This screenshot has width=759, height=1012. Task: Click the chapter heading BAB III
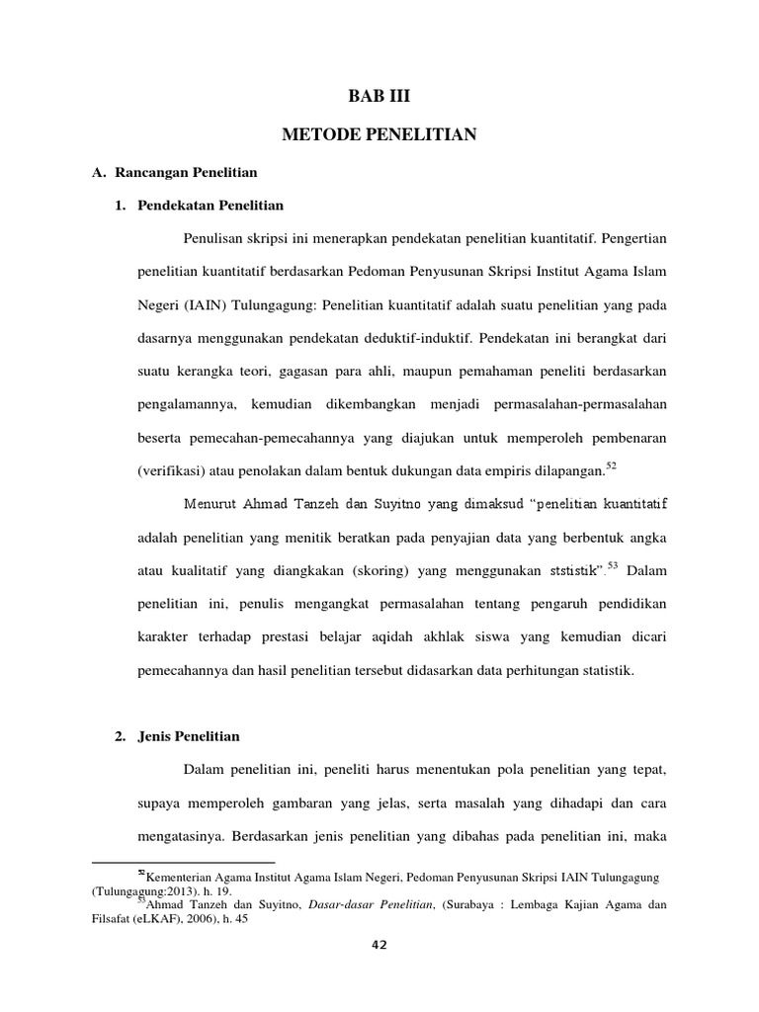coord(379,97)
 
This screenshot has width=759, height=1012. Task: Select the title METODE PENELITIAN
coord(379,134)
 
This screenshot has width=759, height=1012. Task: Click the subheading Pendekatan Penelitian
coord(209,206)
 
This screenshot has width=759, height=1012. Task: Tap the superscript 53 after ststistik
coord(613,564)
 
